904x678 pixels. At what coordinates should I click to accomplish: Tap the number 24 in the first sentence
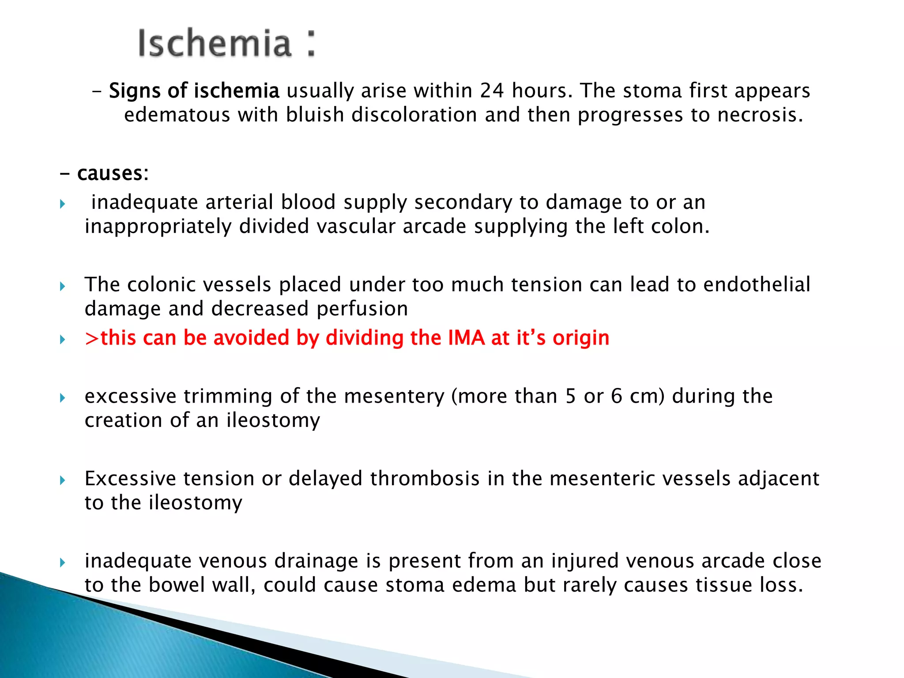click(492, 90)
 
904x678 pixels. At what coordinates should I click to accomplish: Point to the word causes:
click(113, 173)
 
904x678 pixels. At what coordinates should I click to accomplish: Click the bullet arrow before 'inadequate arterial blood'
click(63, 204)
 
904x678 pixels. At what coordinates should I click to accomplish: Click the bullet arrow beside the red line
click(63, 340)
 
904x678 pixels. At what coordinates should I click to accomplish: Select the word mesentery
click(394, 396)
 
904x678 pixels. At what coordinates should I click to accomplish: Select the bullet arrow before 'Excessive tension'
click(63, 480)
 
